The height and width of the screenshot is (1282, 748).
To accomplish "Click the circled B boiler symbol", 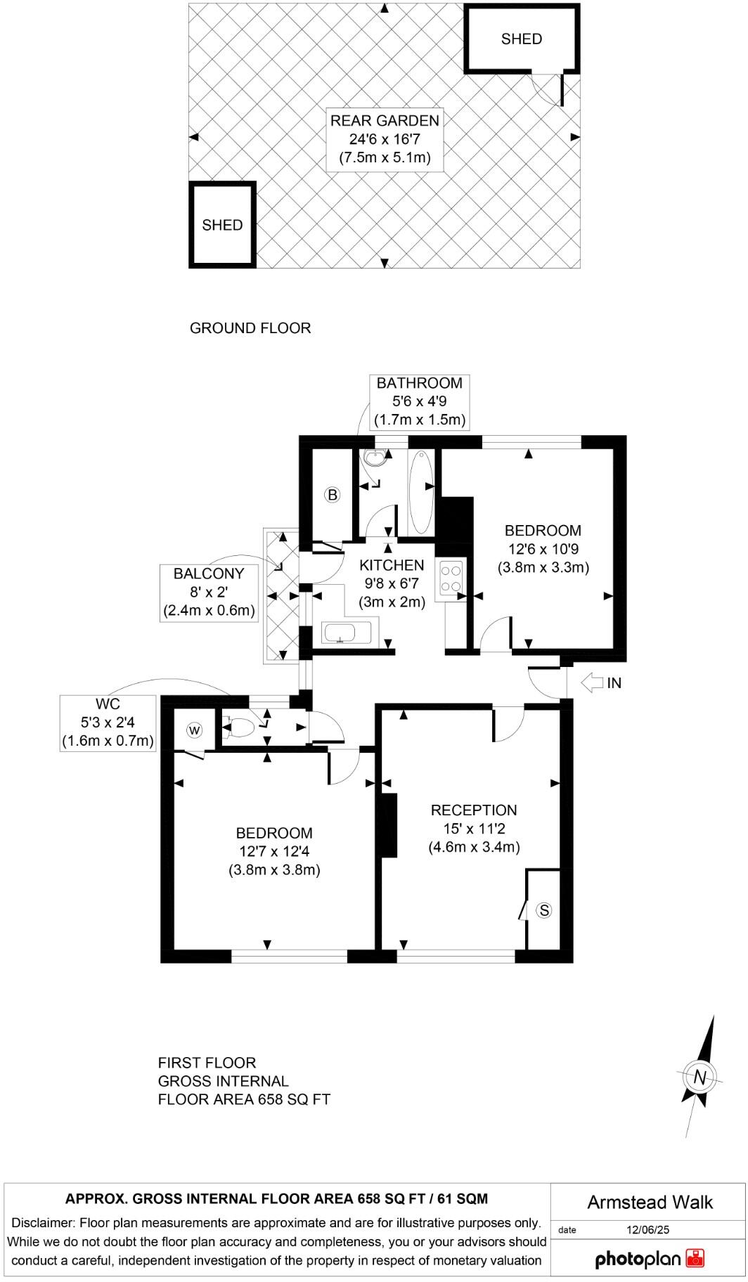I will pyautogui.click(x=333, y=495).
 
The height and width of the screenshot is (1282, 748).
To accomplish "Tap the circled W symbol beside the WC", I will pyautogui.click(x=195, y=731).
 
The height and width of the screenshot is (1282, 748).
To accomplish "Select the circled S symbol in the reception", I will pyautogui.click(x=544, y=911).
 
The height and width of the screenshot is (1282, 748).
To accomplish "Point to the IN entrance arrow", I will pyautogui.click(x=593, y=682).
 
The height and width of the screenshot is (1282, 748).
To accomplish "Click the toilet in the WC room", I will pyautogui.click(x=238, y=727).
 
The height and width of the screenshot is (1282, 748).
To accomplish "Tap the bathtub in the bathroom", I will pyautogui.click(x=420, y=492).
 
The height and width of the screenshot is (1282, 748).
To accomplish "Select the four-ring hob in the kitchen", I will pyautogui.click(x=451, y=577).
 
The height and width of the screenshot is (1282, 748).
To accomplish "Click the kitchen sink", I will pyautogui.click(x=346, y=633).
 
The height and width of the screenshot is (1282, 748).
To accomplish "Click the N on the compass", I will pyautogui.click(x=699, y=1077).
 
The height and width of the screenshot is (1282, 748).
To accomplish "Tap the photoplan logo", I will pyautogui.click(x=649, y=1258).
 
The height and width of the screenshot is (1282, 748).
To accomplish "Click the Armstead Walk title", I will pyautogui.click(x=650, y=1203).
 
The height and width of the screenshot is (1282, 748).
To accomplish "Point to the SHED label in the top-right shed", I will pyautogui.click(x=522, y=39).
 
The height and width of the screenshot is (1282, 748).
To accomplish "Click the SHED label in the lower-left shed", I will pyautogui.click(x=222, y=226).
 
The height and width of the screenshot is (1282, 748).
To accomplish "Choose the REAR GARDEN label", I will pyautogui.click(x=385, y=120).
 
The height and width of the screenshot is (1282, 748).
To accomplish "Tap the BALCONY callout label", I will pyautogui.click(x=209, y=574).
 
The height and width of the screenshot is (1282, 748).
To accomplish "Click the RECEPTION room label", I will pyautogui.click(x=474, y=810).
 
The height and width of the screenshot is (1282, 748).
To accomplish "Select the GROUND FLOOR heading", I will pyautogui.click(x=250, y=328).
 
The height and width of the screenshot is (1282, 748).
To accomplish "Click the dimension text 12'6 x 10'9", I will pyautogui.click(x=543, y=549).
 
